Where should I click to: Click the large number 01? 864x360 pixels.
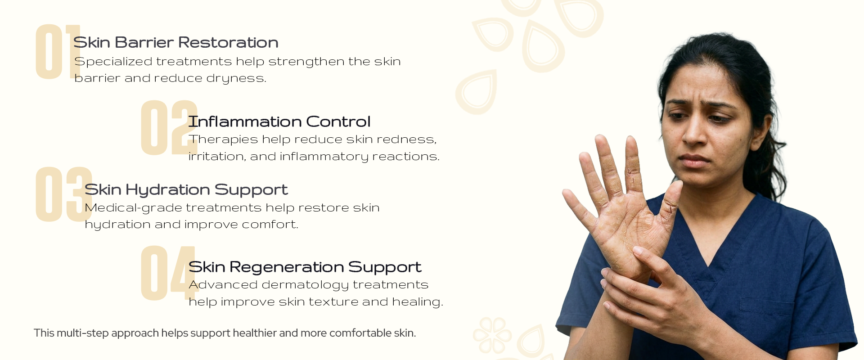(58, 52)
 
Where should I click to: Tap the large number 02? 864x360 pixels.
(169, 128)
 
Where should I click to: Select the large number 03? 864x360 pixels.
(64, 194)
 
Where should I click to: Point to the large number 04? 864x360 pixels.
(170, 273)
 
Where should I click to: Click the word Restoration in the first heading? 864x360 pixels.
(228, 42)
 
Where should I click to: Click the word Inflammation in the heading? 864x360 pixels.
(245, 121)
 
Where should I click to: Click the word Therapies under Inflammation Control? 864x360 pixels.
(223, 139)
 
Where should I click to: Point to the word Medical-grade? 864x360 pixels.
(133, 208)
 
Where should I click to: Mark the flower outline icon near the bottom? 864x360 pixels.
(492, 335)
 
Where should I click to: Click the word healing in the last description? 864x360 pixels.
(418, 302)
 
